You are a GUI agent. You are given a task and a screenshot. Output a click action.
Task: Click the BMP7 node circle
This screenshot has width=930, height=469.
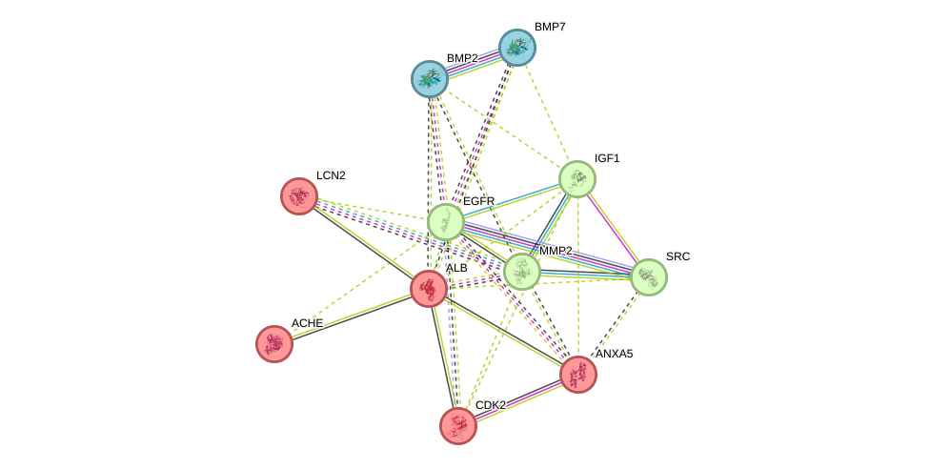(517, 48)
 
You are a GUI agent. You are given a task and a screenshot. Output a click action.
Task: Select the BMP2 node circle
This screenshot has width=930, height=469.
(430, 79)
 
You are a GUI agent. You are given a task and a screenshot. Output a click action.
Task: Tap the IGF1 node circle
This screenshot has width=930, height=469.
(576, 179)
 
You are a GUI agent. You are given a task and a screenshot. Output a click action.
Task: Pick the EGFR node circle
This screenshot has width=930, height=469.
(445, 222)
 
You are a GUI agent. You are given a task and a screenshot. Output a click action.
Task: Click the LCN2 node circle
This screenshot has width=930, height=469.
(299, 196)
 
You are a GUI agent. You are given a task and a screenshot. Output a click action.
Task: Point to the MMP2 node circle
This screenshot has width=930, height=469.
(521, 272)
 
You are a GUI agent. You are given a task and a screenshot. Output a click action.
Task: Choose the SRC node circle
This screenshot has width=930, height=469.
(648, 277)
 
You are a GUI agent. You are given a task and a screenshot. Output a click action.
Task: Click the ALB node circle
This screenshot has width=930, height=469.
(429, 288)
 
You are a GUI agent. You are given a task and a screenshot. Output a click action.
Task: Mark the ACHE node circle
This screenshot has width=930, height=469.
(274, 344)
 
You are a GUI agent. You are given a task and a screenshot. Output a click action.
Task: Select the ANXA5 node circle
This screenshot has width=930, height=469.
(577, 375)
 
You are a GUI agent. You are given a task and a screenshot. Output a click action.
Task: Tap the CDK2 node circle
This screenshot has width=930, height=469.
(458, 426)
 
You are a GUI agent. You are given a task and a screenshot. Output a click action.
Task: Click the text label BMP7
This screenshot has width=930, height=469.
(550, 28)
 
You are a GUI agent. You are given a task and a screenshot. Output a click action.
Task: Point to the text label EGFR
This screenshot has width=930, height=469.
(478, 202)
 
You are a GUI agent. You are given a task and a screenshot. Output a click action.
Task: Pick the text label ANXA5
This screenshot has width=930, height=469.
(614, 355)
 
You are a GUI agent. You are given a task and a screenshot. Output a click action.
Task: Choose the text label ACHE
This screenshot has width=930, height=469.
(307, 324)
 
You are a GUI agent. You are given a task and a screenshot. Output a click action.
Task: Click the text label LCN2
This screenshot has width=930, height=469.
(331, 176)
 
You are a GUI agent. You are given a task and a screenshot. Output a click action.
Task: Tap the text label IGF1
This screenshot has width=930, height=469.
(607, 159)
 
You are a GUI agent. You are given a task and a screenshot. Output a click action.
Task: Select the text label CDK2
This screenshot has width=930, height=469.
(491, 406)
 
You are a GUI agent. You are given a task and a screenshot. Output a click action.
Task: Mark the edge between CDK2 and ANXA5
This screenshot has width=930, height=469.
(517, 400)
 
